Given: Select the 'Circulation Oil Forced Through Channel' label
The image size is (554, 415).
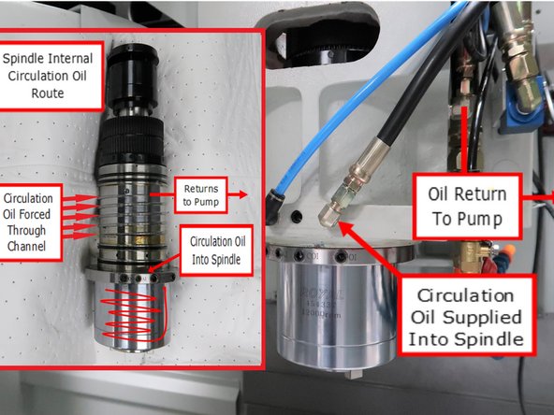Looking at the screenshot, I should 29,224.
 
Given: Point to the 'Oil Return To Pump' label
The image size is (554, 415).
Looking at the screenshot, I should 468,207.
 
